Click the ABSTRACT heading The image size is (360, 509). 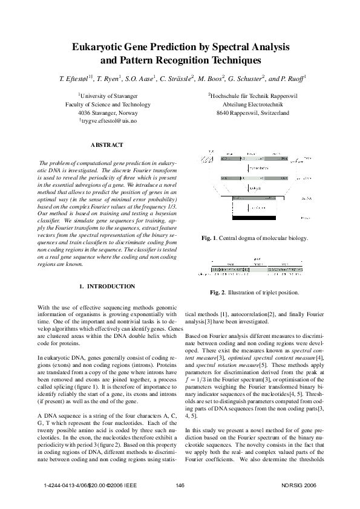[x=106, y=145]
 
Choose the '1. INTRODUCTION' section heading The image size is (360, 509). [x=107, y=286]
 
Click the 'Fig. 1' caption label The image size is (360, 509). [x=210, y=238]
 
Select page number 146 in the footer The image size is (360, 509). [x=180, y=485]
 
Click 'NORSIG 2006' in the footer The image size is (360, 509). [x=299, y=485]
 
